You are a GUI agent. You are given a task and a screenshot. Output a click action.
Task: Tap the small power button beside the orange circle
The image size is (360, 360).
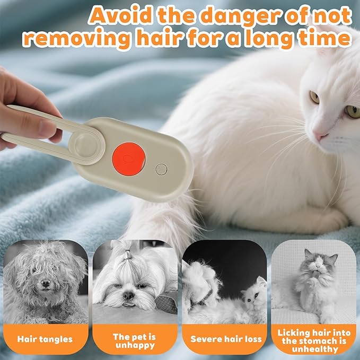click(161, 170)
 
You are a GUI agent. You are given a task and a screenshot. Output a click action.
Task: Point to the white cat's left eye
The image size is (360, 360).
click(314, 97)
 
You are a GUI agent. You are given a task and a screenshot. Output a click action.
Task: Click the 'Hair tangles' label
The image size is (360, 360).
click(45, 338)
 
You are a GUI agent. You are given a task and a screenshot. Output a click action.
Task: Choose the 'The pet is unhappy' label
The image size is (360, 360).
click(134, 340)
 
